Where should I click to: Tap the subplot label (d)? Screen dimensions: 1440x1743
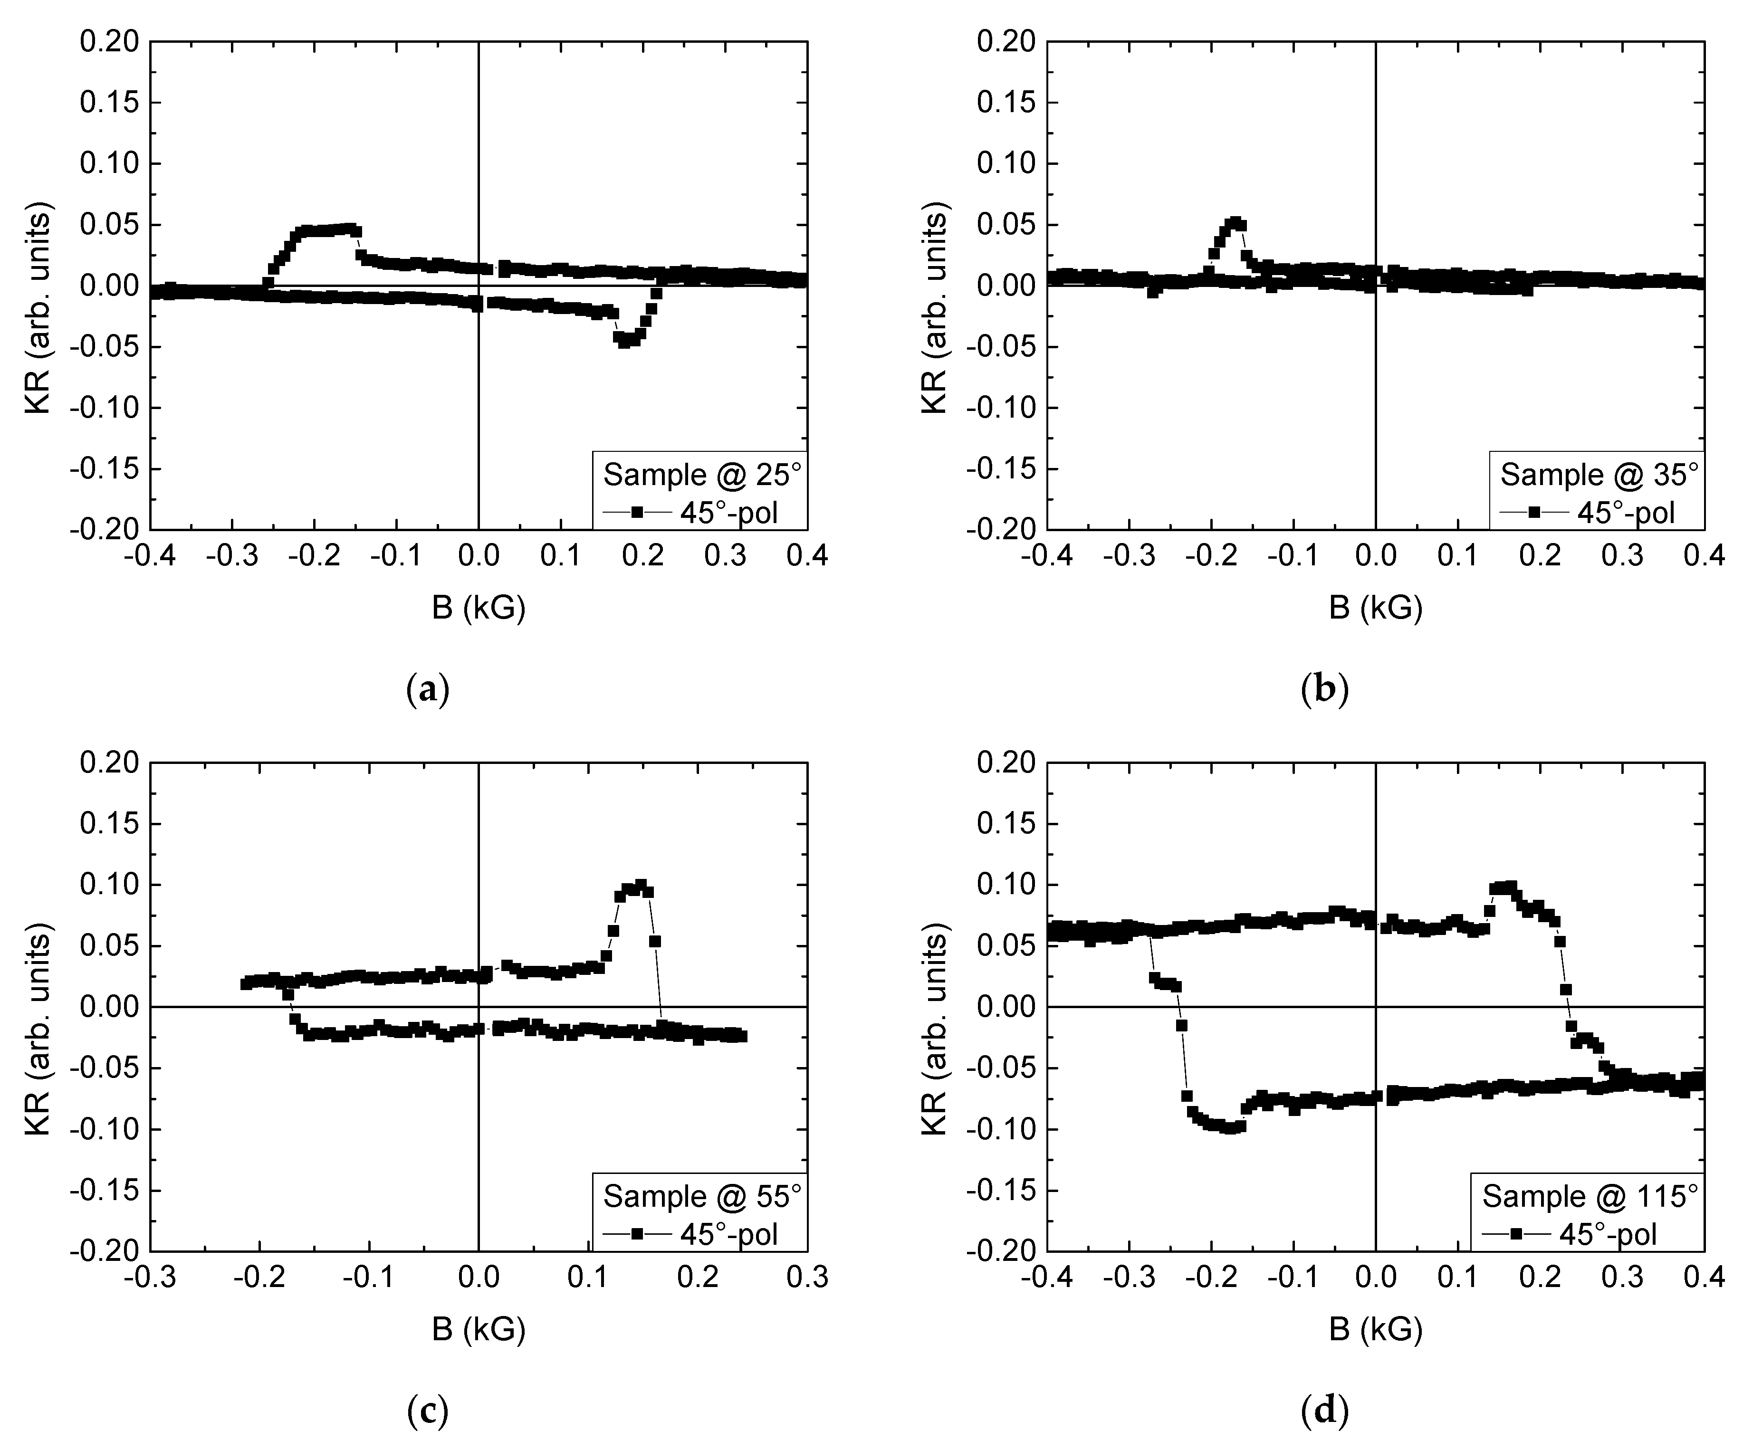pos(1325,1410)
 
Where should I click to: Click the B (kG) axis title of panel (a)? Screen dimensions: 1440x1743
pos(479,608)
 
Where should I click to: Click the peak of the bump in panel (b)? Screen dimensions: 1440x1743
pos(1235,222)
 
